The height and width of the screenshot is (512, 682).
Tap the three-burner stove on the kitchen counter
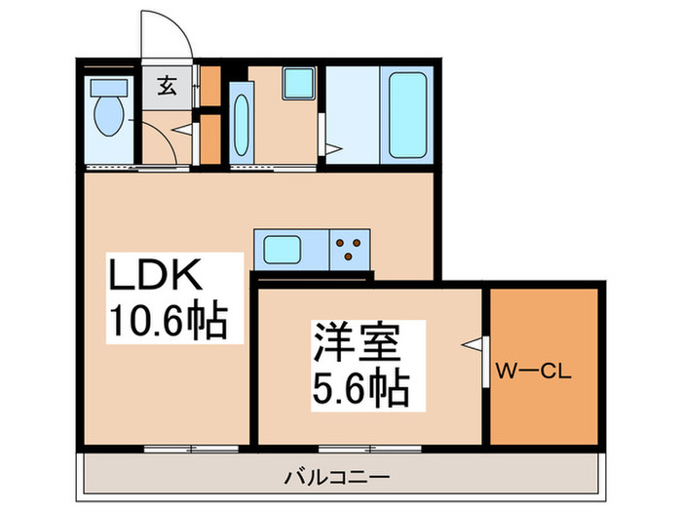(x=350, y=248)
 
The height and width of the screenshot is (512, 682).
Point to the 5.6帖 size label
(x=360, y=389)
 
